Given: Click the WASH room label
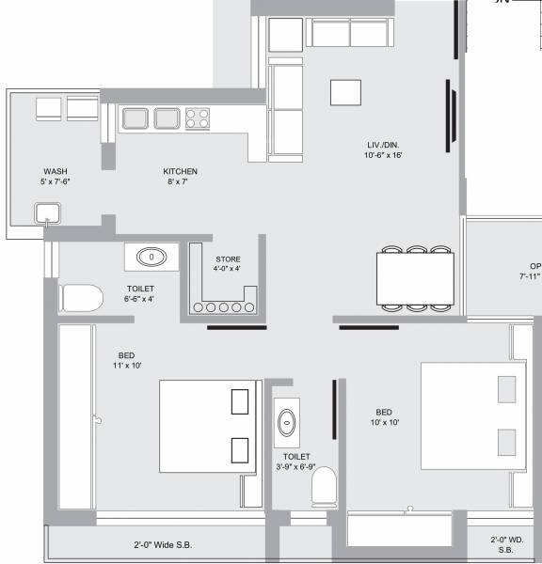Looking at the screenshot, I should pos(56,171).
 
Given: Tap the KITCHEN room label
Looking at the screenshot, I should pos(180,171).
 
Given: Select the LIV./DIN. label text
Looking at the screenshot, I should pos(384,145).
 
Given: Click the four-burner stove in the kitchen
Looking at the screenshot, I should pos(198,118).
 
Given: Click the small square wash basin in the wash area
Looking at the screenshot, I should pos(45,215).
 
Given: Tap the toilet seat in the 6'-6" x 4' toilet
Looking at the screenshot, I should pos(81,300).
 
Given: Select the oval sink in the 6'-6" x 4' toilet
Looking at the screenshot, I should pos(151,257).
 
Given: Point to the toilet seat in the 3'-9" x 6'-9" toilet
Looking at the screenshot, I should pos(324,487).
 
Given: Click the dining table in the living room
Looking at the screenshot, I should pos(415,278).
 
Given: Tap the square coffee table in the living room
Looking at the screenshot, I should pos(345,93).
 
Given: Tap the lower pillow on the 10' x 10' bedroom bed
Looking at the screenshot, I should pos(506,440).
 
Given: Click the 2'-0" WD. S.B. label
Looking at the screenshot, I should pos(505,544).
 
